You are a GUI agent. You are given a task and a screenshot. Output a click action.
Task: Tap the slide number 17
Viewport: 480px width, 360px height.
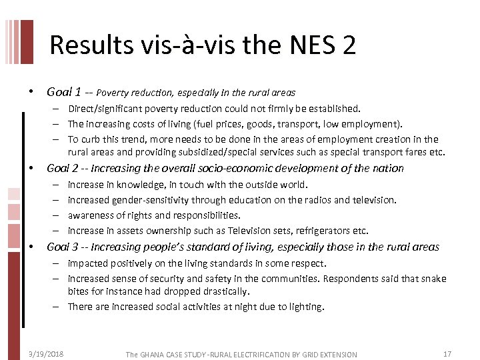pos(447,353)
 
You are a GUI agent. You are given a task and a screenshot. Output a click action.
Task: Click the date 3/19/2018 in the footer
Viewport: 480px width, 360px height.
pos(42,353)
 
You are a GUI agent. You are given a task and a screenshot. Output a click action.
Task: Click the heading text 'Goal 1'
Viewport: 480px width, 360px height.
pos(64,92)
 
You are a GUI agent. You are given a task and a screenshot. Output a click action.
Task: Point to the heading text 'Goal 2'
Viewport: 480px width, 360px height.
pos(64,168)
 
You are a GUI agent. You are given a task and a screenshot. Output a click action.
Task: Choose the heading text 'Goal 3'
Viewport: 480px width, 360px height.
pos(64,247)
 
